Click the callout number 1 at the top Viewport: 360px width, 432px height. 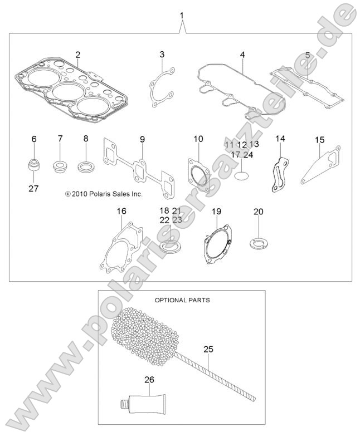click(x=181, y=13)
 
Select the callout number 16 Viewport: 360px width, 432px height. click(x=121, y=211)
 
